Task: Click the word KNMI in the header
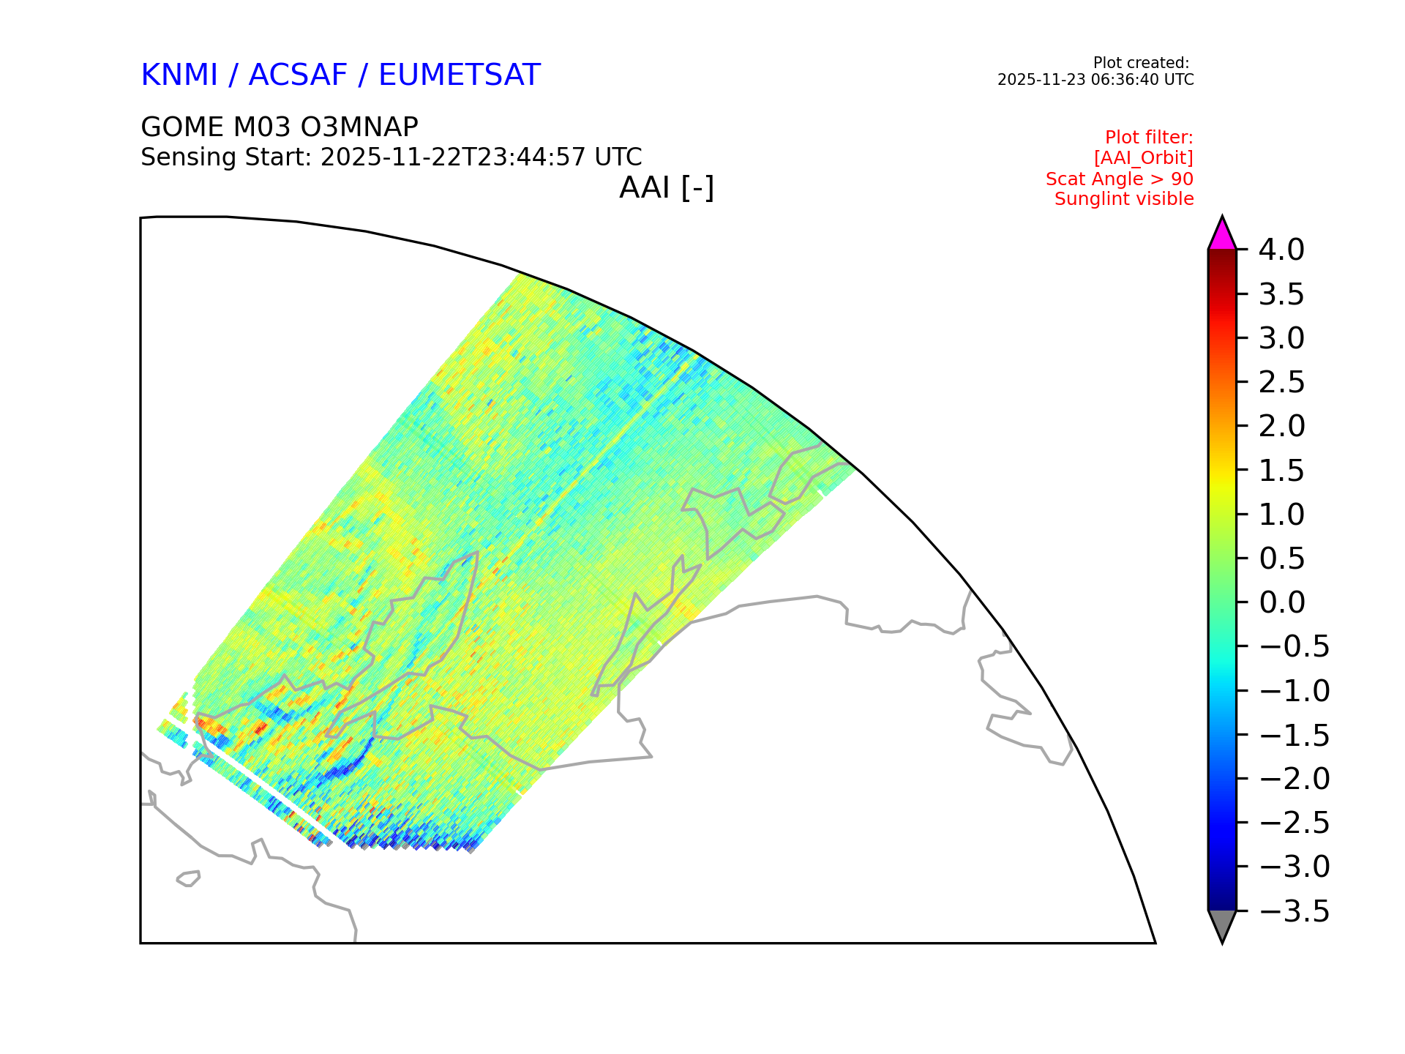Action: pos(179,75)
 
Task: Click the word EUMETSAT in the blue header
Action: pos(460,75)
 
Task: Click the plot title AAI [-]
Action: pos(667,188)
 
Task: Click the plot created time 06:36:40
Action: pos(1120,80)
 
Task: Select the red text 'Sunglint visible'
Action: pos(1124,199)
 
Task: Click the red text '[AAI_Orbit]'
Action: pos(1144,158)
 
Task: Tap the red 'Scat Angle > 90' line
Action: pos(1120,179)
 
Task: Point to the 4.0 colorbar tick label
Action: pos(1281,250)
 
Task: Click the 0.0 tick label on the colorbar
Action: pos(1281,602)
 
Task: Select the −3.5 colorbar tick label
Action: pos(1294,911)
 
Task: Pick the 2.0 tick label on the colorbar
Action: pos(1281,426)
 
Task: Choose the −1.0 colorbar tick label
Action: pos(1294,691)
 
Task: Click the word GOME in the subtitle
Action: pos(181,127)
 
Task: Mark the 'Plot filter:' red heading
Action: pos(1149,138)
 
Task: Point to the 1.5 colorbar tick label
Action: pos(1281,471)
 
